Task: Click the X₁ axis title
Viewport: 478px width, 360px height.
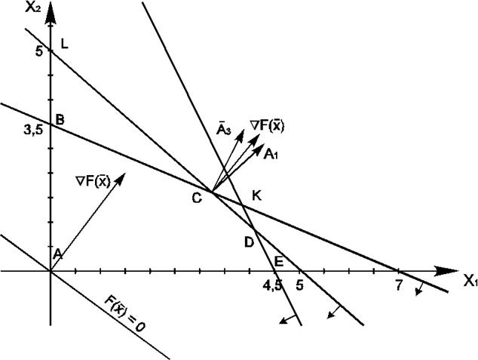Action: pos(469,282)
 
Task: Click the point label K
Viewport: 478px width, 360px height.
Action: pos(256,195)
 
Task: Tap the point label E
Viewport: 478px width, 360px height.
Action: pos(278,262)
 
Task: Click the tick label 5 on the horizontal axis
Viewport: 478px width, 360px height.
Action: pos(300,285)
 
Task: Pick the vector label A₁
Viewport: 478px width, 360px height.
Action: pos(271,153)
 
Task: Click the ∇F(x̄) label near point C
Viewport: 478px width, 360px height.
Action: pos(268,125)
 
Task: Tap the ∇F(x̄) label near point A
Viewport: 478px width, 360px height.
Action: pos(93,180)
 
